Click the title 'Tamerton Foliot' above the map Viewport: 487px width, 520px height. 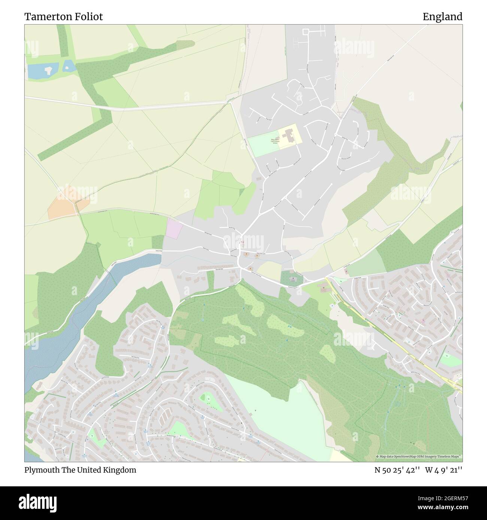64,16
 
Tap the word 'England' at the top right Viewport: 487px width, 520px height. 442,16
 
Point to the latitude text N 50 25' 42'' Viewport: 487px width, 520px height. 397,470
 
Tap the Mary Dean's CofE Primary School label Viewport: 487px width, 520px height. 275,141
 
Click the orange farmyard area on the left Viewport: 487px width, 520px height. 68,202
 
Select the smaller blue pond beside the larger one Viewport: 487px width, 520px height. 68,66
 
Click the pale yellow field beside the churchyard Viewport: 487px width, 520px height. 269,270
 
